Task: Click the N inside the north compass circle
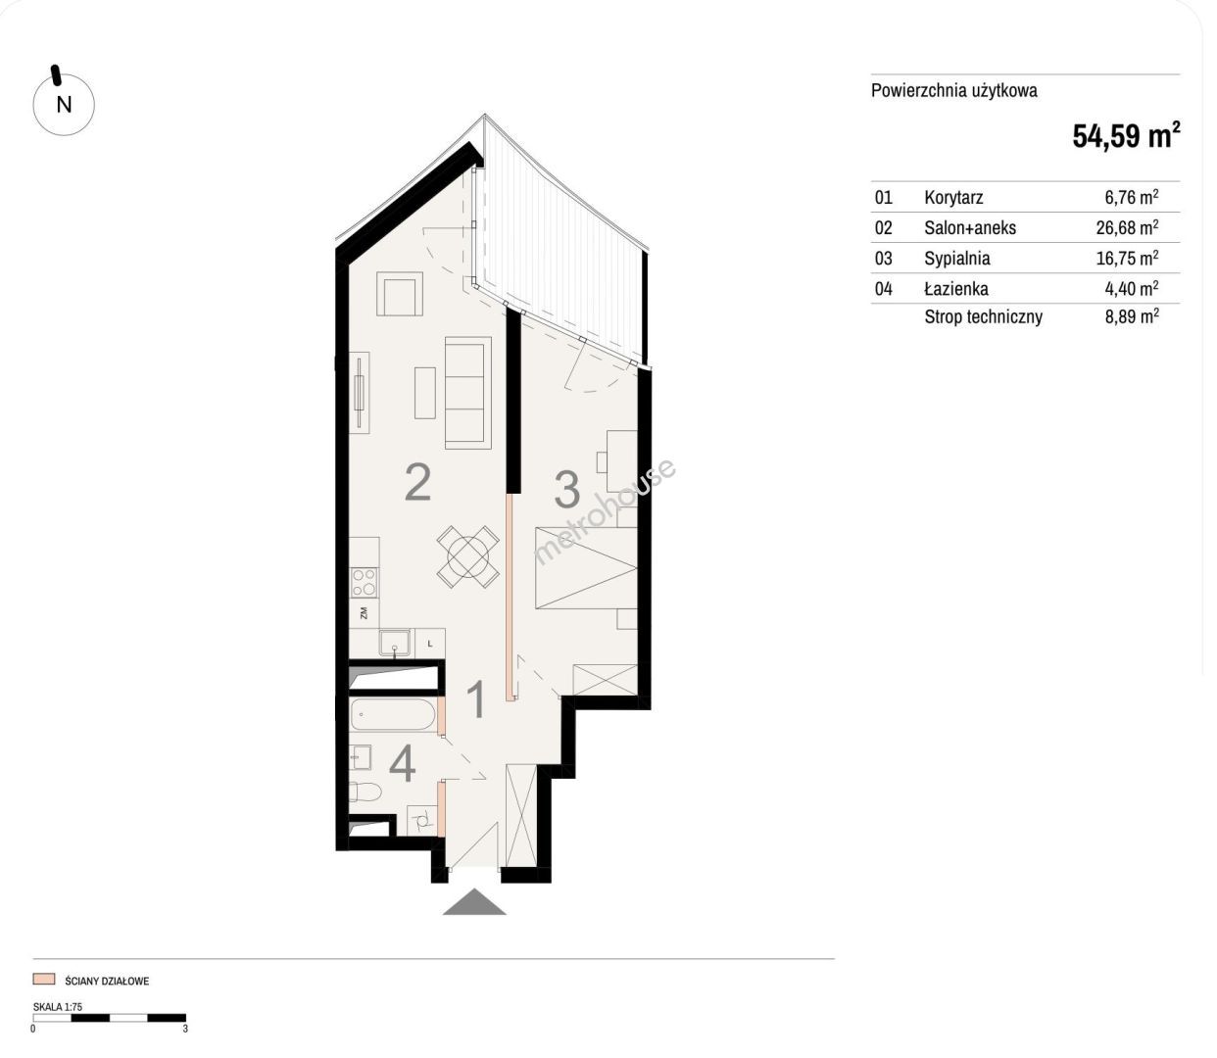point(64,105)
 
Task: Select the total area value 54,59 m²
point(1126,135)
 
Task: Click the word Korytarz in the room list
point(953,198)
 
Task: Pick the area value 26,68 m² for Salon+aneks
point(1127,227)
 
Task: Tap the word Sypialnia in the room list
point(957,258)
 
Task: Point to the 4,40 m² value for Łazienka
point(1132,288)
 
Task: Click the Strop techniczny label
point(983,316)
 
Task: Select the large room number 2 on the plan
point(417,482)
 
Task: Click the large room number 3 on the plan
point(567,490)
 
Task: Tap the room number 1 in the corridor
point(476,699)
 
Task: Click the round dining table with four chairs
point(468,556)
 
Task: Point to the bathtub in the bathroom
point(393,714)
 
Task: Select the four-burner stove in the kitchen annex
point(365,582)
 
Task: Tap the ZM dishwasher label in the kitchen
point(364,612)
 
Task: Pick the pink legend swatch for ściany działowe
point(44,980)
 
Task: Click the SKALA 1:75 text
point(58,1007)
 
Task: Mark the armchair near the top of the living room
point(399,294)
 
